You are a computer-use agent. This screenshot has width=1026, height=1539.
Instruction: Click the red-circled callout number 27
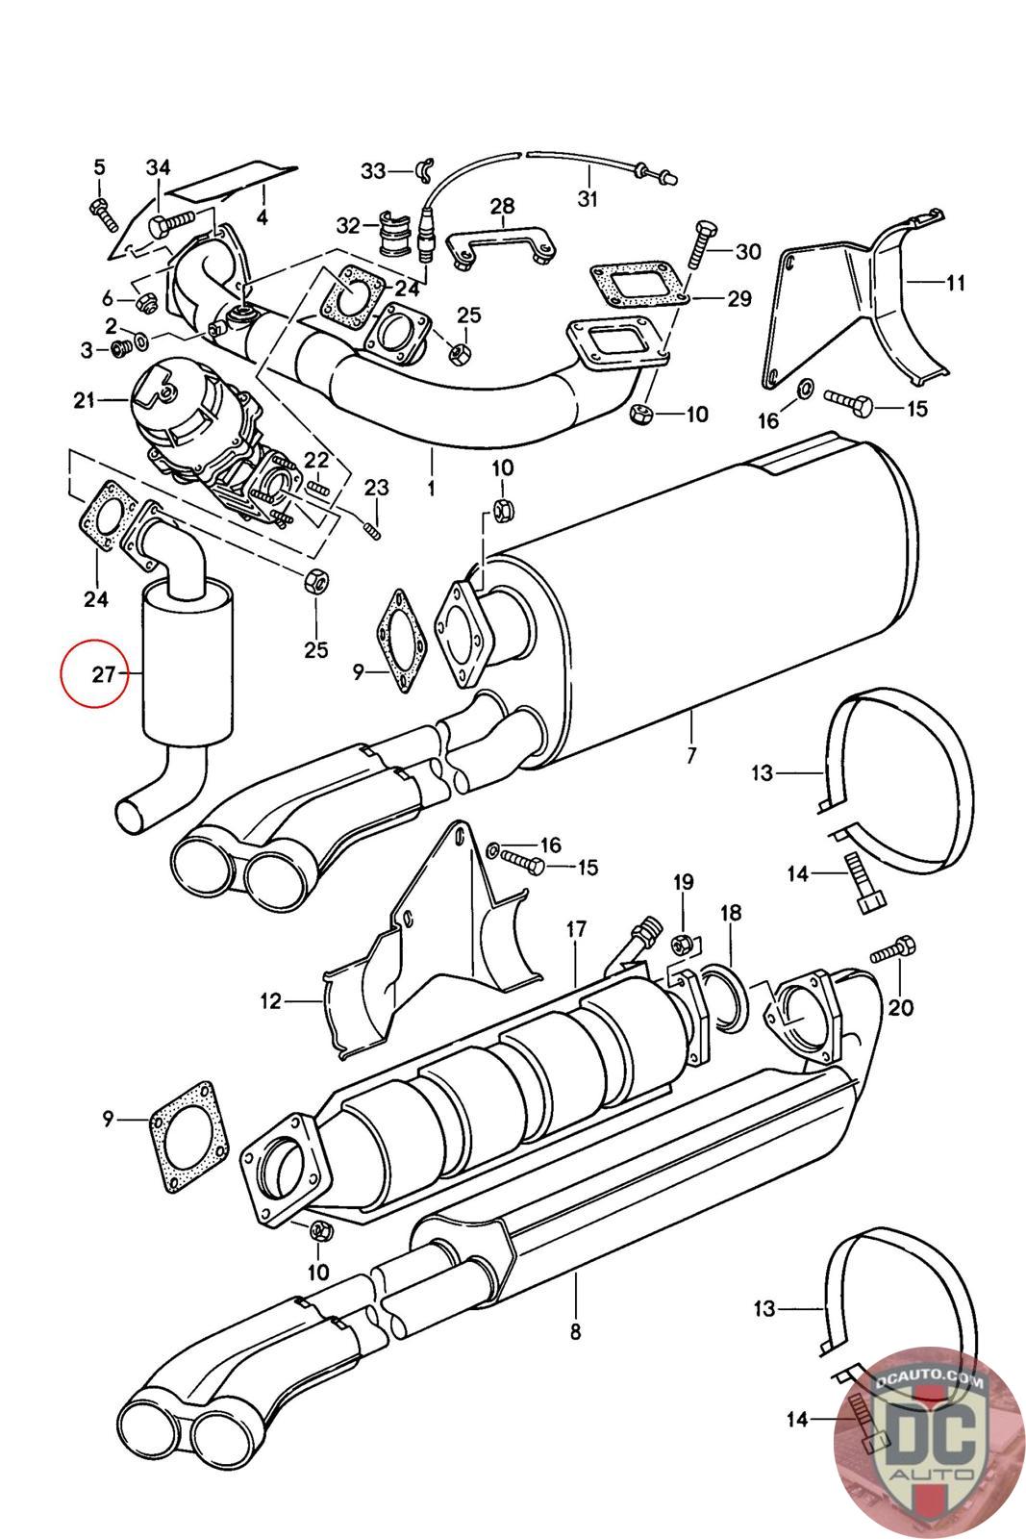pos(104,674)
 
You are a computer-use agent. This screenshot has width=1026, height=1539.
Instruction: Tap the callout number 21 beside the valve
pos(85,398)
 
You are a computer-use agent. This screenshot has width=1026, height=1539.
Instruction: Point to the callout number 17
pos(576,930)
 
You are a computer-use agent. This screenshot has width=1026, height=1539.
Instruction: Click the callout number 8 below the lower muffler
pos(575,1332)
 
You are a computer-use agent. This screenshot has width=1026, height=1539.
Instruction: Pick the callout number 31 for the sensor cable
pos(588,199)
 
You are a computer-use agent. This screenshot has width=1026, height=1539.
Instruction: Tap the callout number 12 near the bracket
pos(270,1001)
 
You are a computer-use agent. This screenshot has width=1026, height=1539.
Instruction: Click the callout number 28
pos(502,206)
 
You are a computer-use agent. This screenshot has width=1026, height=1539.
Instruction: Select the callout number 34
pos(158,168)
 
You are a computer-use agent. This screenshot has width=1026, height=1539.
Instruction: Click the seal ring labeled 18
pos(724,1000)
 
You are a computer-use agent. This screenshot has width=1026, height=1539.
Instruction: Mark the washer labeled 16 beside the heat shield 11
pos(806,389)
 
